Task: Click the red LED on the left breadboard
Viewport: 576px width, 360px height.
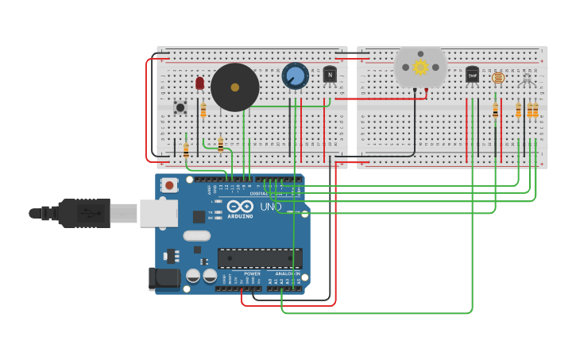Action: [199, 83]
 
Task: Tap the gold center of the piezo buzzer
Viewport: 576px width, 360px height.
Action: [235, 87]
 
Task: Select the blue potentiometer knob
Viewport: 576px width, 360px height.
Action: [295, 76]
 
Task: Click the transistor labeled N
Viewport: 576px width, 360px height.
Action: [330, 75]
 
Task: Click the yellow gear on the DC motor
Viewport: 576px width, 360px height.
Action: [420, 68]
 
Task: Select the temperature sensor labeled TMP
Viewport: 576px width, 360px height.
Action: [472, 75]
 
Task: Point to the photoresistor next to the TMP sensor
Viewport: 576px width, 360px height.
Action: [498, 78]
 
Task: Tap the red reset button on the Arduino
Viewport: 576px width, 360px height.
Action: [169, 185]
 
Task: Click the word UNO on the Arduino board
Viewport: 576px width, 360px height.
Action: [270, 207]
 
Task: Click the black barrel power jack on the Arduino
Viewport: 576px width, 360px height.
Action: [164, 278]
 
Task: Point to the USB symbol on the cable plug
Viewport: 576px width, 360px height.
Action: [89, 213]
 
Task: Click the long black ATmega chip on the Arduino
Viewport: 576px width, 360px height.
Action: [260, 258]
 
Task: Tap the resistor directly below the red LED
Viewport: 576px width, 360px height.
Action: [203, 110]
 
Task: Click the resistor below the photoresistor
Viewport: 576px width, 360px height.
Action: [495, 111]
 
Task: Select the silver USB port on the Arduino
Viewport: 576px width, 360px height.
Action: [159, 213]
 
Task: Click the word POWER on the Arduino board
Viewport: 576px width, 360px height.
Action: [252, 273]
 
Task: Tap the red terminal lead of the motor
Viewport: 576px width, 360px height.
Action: [425, 93]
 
